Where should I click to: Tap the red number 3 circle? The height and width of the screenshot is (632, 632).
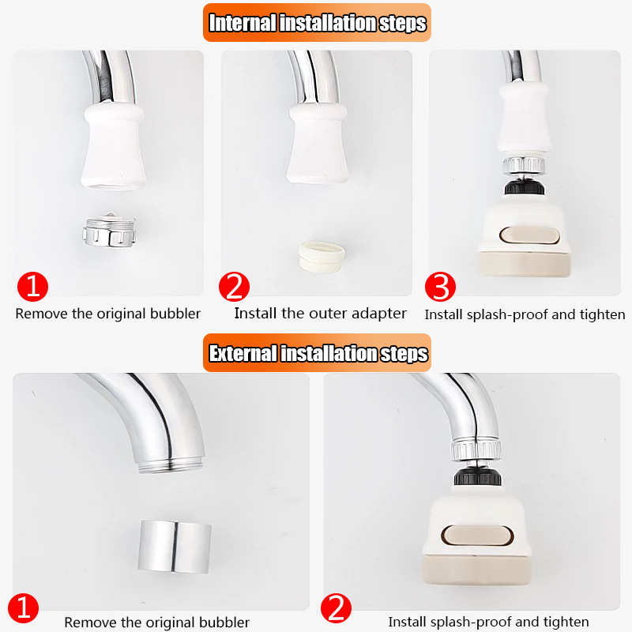tap(441, 288)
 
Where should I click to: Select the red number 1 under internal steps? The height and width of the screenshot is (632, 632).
tap(32, 286)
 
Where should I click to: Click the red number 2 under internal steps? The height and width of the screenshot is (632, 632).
tap(234, 287)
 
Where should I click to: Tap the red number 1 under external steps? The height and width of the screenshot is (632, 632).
tap(26, 609)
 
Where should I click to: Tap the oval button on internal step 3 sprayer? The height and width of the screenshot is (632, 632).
tap(529, 235)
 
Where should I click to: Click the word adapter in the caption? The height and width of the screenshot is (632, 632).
tap(378, 314)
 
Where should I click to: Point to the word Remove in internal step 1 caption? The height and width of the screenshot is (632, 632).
tap(42, 314)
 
